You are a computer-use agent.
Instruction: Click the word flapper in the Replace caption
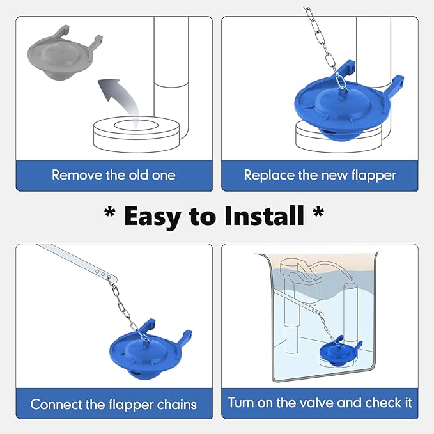(374, 174)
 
